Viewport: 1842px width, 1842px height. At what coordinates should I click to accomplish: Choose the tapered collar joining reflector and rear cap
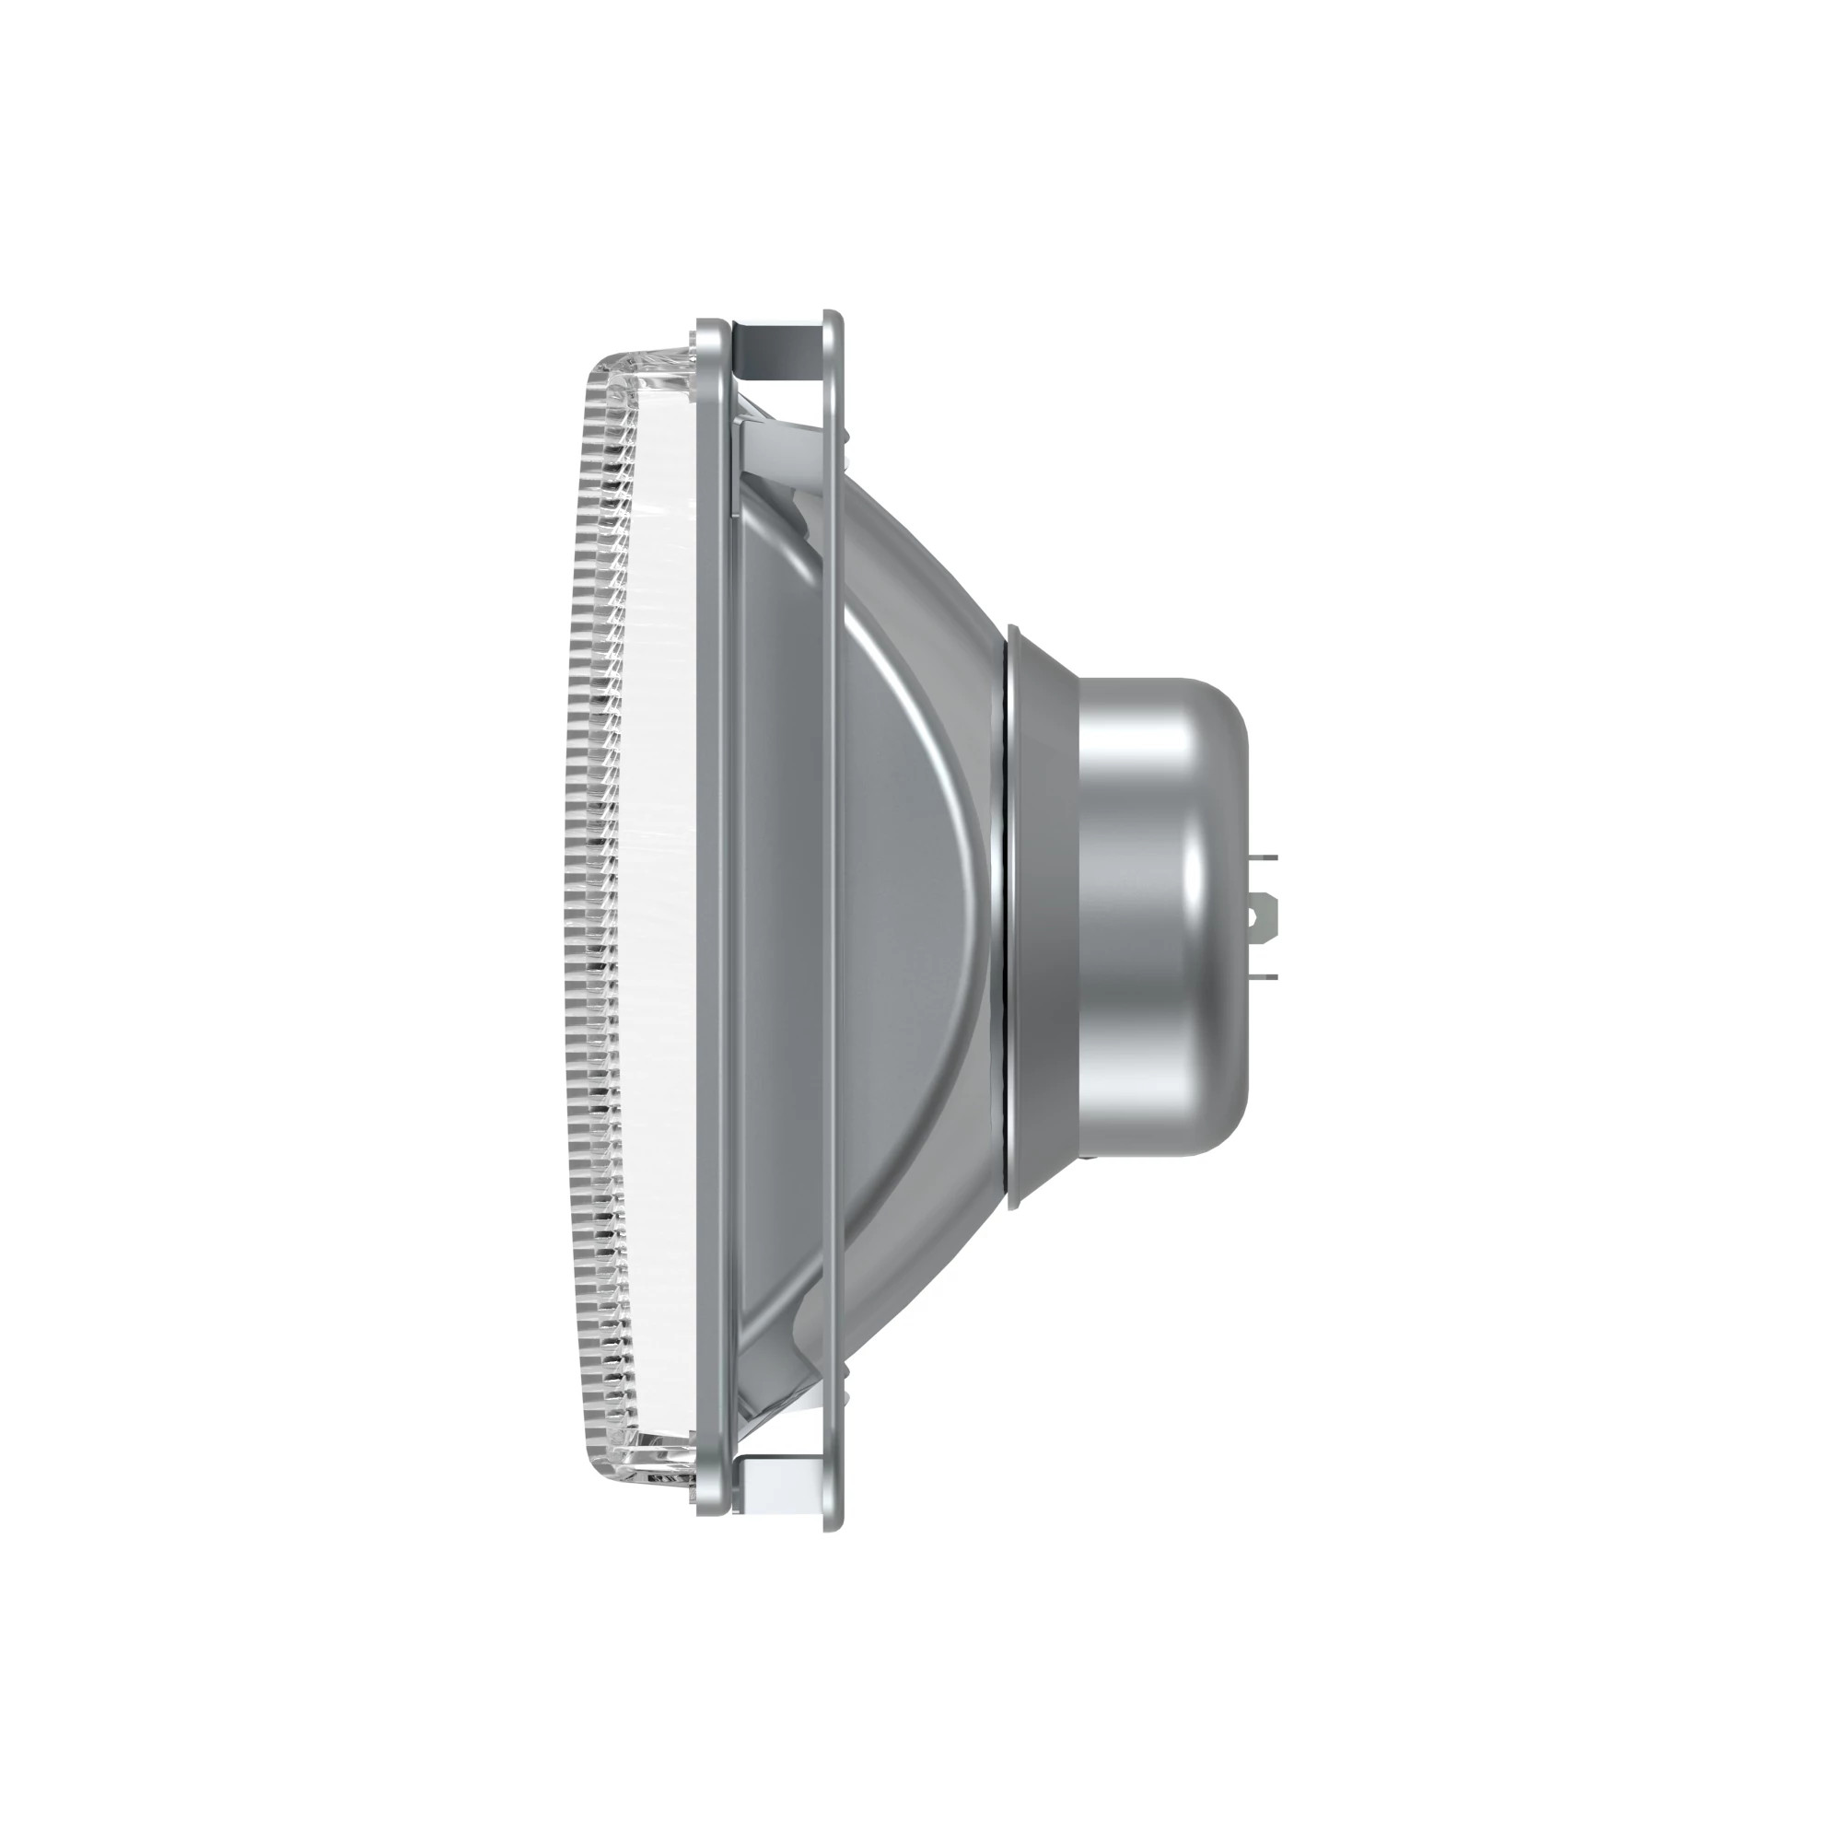[1044, 915]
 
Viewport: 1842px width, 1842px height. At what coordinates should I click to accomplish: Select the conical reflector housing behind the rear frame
[915, 915]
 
